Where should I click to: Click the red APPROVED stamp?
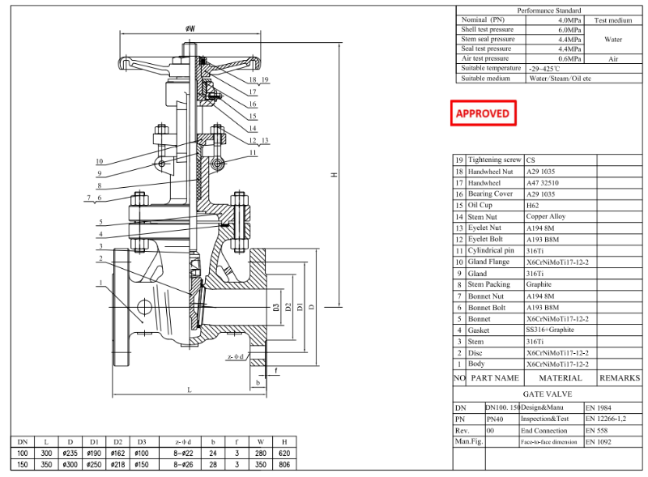(x=483, y=113)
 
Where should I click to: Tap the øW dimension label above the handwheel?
(x=190, y=28)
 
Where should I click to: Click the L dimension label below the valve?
(x=190, y=390)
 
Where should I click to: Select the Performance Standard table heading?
(x=550, y=11)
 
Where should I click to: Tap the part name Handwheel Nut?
(x=492, y=172)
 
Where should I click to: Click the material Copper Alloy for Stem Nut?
(x=546, y=217)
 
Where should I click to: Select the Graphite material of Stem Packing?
(x=539, y=285)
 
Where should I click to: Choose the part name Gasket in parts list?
(x=479, y=330)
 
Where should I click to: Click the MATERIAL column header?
(x=561, y=378)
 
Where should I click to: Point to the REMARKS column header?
(x=619, y=378)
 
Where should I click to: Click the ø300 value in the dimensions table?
(x=71, y=465)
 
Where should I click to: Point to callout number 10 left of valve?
(x=100, y=160)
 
